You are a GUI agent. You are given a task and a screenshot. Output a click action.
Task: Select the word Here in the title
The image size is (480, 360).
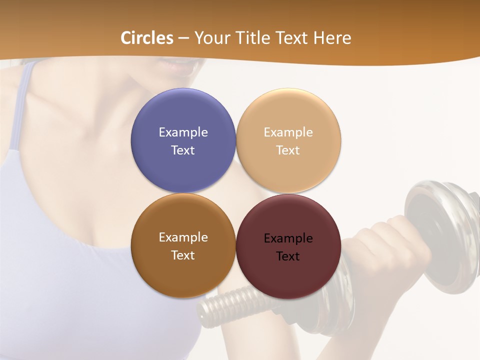pyautogui.click(x=332, y=38)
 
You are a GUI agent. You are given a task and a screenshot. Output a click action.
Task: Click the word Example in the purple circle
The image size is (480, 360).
pyautogui.click(x=183, y=132)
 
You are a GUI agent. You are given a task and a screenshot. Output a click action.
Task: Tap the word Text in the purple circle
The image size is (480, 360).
pyautogui.click(x=183, y=150)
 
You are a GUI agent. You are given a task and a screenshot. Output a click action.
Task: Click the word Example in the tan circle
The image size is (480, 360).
pyautogui.click(x=288, y=132)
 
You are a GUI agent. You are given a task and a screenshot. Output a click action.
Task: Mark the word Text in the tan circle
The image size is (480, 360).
pyautogui.click(x=288, y=150)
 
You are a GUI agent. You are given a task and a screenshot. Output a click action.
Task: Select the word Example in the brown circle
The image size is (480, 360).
pyautogui.click(x=183, y=237)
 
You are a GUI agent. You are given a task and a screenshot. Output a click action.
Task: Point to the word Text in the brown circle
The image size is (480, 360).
pyautogui.click(x=183, y=255)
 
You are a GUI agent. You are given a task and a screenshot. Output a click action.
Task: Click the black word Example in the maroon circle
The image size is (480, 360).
pyautogui.click(x=288, y=238)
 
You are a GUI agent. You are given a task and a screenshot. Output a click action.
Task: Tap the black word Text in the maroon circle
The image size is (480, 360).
pyautogui.click(x=288, y=256)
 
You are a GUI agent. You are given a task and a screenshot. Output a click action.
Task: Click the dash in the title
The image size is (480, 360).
pyautogui.click(x=183, y=38)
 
